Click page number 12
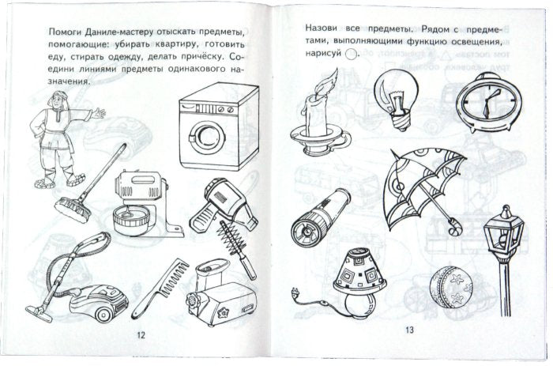[141, 335]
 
